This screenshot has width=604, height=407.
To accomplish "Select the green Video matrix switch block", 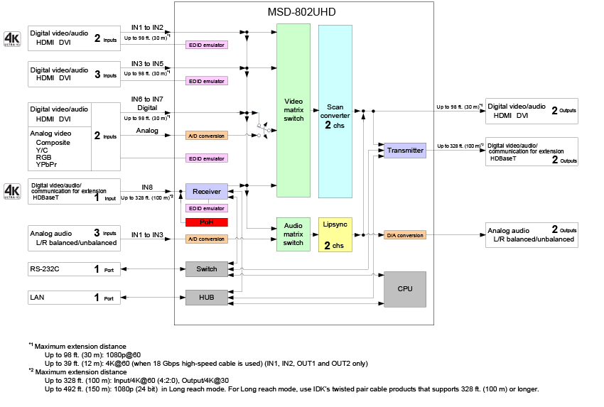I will click(293, 111).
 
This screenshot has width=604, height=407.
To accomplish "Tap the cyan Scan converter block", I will click(335, 111).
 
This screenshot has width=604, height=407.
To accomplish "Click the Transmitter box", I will click(405, 151).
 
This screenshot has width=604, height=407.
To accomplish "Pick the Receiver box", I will click(206, 191).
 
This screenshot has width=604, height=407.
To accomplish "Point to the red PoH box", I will click(206, 222).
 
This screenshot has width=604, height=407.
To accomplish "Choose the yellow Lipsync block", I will click(335, 235).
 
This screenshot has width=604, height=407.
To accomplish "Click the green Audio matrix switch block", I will click(293, 235).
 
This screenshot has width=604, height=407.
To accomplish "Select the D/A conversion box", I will click(405, 235).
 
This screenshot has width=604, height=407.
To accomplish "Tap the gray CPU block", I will click(405, 288).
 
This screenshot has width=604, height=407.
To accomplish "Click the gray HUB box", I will click(206, 298).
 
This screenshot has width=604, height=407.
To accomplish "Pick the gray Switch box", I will click(206, 269).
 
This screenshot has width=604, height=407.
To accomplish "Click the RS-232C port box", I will click(75, 269).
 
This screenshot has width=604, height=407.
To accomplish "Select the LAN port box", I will click(75, 298).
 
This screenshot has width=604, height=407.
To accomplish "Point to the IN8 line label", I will click(147, 187).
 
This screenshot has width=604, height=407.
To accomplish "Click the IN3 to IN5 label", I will click(147, 64).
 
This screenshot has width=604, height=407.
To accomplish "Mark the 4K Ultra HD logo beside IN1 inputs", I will click(13, 38).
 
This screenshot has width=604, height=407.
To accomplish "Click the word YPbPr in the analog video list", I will click(47, 164).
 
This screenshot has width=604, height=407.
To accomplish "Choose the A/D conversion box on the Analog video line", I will click(206, 136).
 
